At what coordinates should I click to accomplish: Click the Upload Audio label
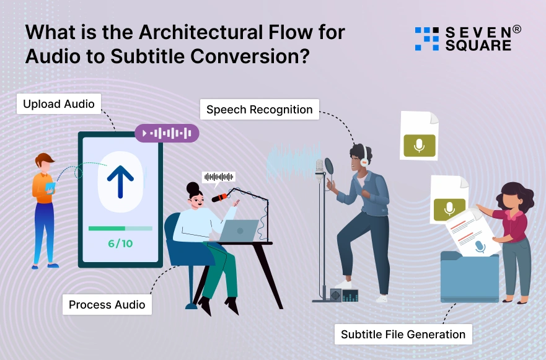tap(59, 104)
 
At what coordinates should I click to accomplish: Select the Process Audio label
tap(107, 304)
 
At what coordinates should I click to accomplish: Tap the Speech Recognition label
tap(259, 110)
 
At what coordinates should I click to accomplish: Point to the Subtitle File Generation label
tap(403, 335)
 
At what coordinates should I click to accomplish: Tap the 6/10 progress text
tap(120, 244)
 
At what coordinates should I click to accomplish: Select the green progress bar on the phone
tap(107, 228)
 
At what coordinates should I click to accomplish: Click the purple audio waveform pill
tap(167, 133)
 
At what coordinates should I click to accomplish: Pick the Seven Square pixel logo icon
tap(426, 38)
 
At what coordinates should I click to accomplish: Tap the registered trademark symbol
tap(517, 29)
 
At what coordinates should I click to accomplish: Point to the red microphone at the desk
tap(219, 198)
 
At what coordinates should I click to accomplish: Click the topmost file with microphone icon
tap(419, 136)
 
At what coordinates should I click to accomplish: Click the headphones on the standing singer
tap(363, 159)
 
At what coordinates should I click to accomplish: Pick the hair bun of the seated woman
tap(193, 187)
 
